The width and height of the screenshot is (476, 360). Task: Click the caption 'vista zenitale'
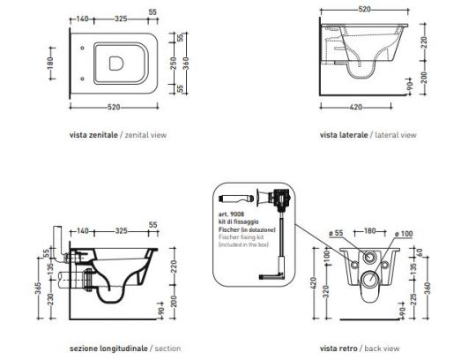[x=92, y=136]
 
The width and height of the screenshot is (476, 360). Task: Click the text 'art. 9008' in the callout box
[x=228, y=214]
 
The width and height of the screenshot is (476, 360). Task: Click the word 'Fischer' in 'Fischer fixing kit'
[x=227, y=239]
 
